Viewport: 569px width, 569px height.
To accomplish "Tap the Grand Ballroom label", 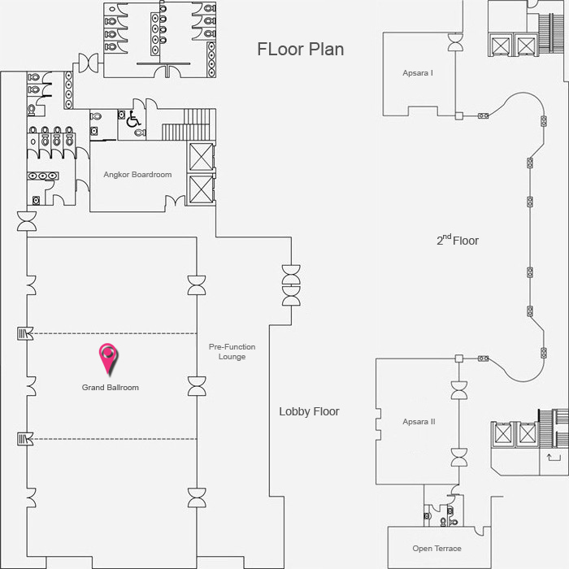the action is [x=111, y=388].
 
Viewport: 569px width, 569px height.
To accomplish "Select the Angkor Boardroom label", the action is [x=137, y=175].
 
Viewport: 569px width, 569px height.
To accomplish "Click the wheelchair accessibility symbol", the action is [x=133, y=119].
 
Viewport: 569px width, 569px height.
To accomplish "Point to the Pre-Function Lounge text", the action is [x=232, y=352].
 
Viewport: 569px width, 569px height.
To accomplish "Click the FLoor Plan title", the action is [x=301, y=50].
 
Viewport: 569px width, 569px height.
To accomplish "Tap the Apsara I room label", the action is [x=418, y=73].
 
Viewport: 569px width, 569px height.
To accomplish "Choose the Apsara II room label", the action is [x=419, y=422].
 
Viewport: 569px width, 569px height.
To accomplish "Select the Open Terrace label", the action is [x=437, y=549].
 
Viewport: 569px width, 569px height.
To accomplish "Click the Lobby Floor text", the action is [x=309, y=411].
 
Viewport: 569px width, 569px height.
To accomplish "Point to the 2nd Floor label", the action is [x=458, y=240].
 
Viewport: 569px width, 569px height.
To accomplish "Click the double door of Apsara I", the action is [x=455, y=42].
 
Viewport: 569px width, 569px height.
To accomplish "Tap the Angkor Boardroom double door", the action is [x=175, y=201].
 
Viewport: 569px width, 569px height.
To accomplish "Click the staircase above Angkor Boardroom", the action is [x=189, y=124].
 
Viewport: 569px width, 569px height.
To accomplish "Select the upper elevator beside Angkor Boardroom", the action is [x=201, y=157].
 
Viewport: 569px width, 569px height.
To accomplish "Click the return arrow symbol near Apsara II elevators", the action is [x=554, y=458].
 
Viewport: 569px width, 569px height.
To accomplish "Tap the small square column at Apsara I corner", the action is [x=459, y=116].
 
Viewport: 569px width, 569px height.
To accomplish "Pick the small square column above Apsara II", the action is [x=459, y=358].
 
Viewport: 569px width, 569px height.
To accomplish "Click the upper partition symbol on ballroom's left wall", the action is [x=25, y=333].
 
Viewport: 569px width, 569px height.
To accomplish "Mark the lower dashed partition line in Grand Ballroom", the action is [x=115, y=439].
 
